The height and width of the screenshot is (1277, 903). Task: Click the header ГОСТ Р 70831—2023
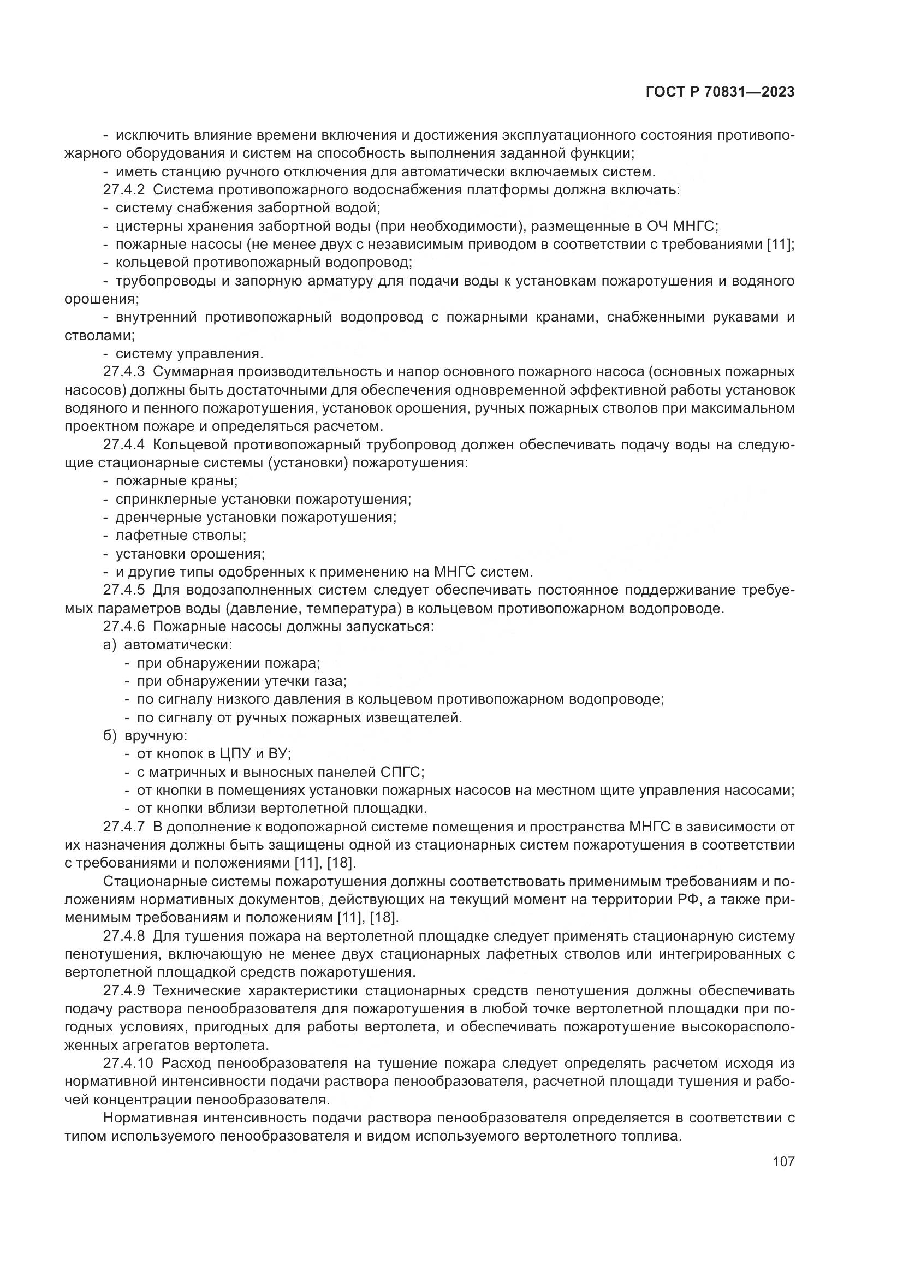[720, 92]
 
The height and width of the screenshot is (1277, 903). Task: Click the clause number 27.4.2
[123, 190]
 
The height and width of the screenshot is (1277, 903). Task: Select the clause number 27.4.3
[123, 372]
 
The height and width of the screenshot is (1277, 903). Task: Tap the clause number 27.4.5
[123, 590]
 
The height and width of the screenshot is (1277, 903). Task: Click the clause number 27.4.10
[127, 1064]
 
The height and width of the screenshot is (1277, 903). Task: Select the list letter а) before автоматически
[110, 645]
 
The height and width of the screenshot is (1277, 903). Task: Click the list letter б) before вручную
[110, 736]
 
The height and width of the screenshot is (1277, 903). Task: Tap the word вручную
[156, 736]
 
